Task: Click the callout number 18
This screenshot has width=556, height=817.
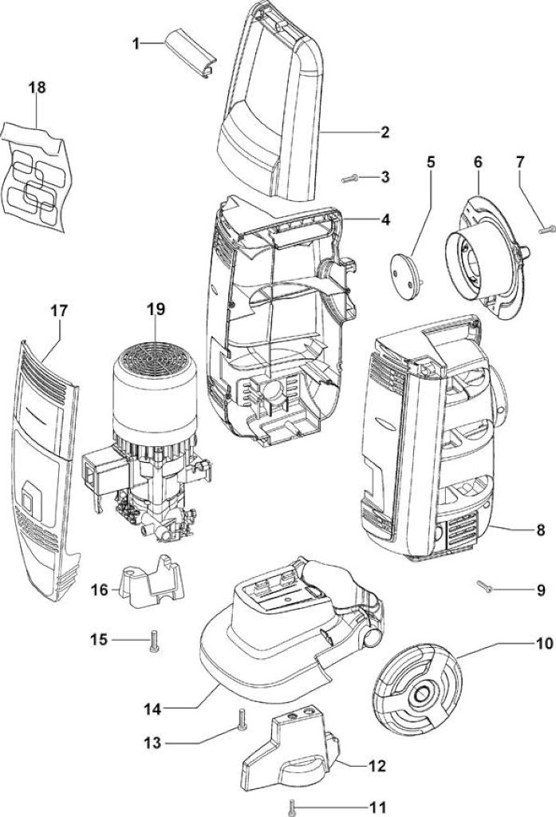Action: coord(37,87)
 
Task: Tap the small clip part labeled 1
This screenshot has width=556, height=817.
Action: coord(191,53)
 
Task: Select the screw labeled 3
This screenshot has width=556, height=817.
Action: coord(350,179)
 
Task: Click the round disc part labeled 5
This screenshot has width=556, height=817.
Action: coord(406,275)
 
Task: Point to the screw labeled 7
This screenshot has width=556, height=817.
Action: coord(547,228)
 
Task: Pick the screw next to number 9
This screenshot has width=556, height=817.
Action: coord(485,586)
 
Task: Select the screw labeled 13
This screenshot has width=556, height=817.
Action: coord(241,720)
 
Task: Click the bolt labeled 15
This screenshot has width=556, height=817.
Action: coord(154,641)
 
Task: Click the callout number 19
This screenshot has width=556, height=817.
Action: coord(156,309)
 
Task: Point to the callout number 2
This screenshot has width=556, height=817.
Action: coord(384,132)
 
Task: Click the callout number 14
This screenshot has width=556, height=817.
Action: coord(152,709)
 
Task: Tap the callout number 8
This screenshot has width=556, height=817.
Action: coord(540,530)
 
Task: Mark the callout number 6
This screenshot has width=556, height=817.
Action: coord(478,162)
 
